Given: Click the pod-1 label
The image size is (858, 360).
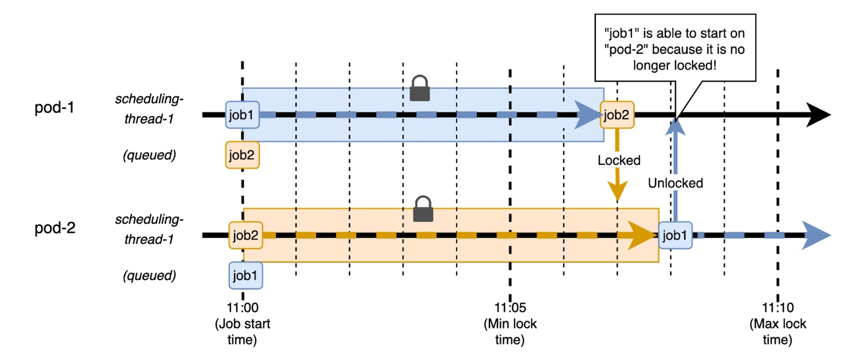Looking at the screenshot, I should pyautogui.click(x=54, y=107).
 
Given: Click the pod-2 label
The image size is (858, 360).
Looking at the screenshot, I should pyautogui.click(x=55, y=228).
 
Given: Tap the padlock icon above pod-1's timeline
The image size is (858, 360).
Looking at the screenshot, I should pyautogui.click(x=420, y=89).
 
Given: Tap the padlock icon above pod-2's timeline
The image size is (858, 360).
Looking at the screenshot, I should pyautogui.click(x=423, y=209).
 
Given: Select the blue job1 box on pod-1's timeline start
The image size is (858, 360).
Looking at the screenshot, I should pyautogui.click(x=242, y=115).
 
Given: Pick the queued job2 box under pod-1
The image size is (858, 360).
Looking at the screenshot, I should pyautogui.click(x=242, y=155).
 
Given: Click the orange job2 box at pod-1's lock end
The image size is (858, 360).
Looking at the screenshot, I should pyautogui.click(x=617, y=115).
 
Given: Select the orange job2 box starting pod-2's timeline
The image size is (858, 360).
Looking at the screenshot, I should pyautogui.click(x=246, y=236).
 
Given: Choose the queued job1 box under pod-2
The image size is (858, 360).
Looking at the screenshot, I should pyautogui.click(x=246, y=275).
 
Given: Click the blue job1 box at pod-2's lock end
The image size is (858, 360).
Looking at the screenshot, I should pyautogui.click(x=675, y=236).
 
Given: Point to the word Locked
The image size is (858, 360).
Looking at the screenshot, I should pyautogui.click(x=619, y=160).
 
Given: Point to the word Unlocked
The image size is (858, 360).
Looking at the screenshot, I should pyautogui.click(x=675, y=183).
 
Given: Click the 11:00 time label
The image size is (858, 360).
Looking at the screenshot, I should pyautogui.click(x=242, y=308).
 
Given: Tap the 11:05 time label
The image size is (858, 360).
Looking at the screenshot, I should pyautogui.click(x=510, y=308).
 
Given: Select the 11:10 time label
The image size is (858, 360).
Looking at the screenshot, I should pyautogui.click(x=778, y=308).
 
